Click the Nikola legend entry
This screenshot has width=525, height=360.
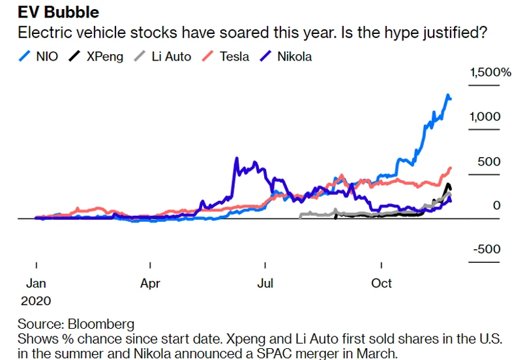coord(294,57)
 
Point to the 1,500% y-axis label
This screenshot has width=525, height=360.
coord(490,72)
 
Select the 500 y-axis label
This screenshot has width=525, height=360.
coord(488,161)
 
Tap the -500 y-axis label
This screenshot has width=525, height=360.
coord(487,250)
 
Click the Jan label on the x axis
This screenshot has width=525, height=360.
coord(36,284)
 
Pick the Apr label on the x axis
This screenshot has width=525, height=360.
coord(150,284)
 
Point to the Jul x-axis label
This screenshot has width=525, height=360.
coord(265,284)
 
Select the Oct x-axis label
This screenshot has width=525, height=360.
coord(381,284)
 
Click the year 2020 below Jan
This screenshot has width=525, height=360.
coord(36,301)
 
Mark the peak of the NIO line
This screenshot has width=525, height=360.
coord(448,96)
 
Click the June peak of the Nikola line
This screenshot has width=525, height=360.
coord(237,158)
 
